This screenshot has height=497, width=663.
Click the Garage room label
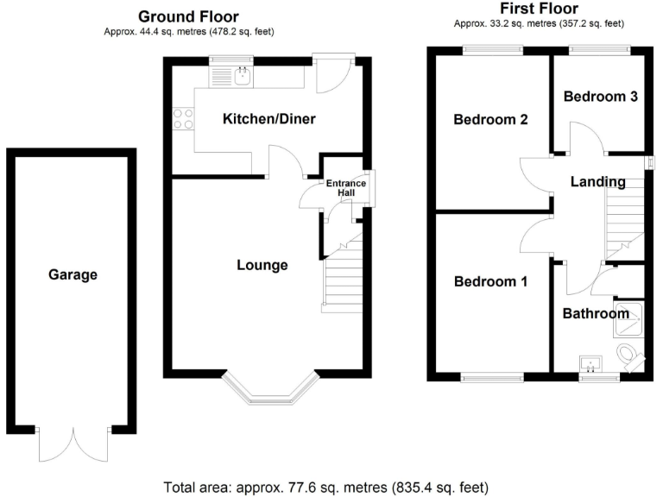[x=73, y=275]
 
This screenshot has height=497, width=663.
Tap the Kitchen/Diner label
[x=269, y=119]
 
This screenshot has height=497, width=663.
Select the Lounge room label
[x=262, y=265]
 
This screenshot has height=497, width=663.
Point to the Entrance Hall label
[x=345, y=188]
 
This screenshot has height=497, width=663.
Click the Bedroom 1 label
[x=491, y=281]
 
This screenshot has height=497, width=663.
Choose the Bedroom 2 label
[x=491, y=120]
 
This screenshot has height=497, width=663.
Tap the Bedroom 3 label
[x=601, y=97]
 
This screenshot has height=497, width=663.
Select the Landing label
[x=597, y=181]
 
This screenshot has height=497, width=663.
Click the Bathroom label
[x=596, y=313]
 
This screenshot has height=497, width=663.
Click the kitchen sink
[x=242, y=76]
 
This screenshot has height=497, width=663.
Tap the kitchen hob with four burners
[x=183, y=117]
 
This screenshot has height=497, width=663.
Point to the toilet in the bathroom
[x=631, y=355]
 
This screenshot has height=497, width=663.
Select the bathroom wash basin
[x=592, y=362]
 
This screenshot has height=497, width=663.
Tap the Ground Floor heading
[x=188, y=16]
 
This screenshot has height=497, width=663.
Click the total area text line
[x=331, y=485]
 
